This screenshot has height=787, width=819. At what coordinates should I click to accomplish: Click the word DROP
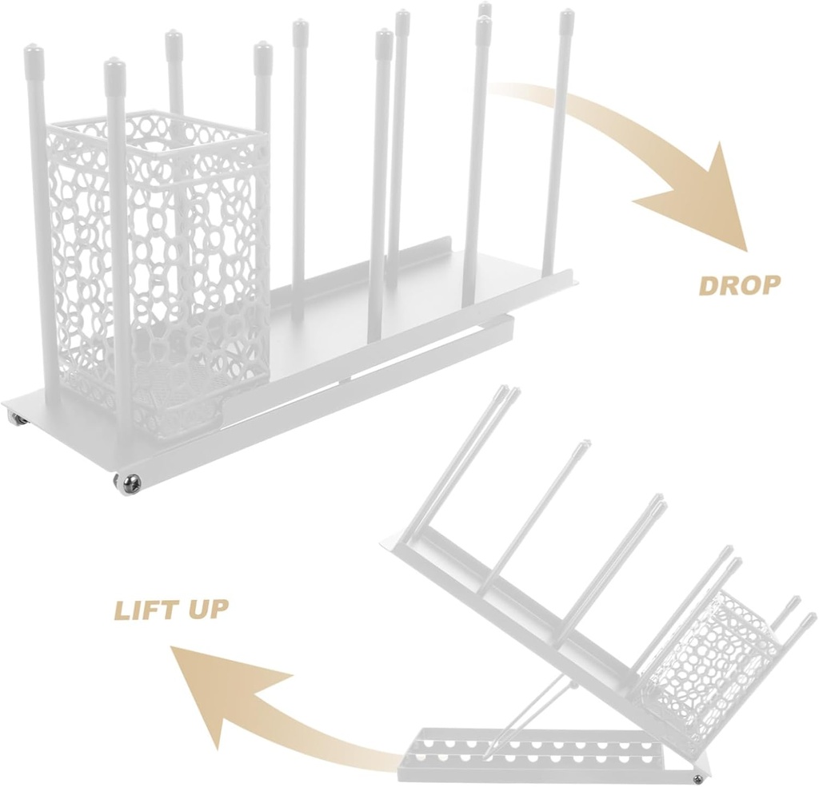click(x=739, y=285)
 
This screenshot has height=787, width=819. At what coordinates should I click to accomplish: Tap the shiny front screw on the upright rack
click(x=129, y=482)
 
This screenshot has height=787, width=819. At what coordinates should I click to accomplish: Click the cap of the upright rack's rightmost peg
click(x=566, y=20)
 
